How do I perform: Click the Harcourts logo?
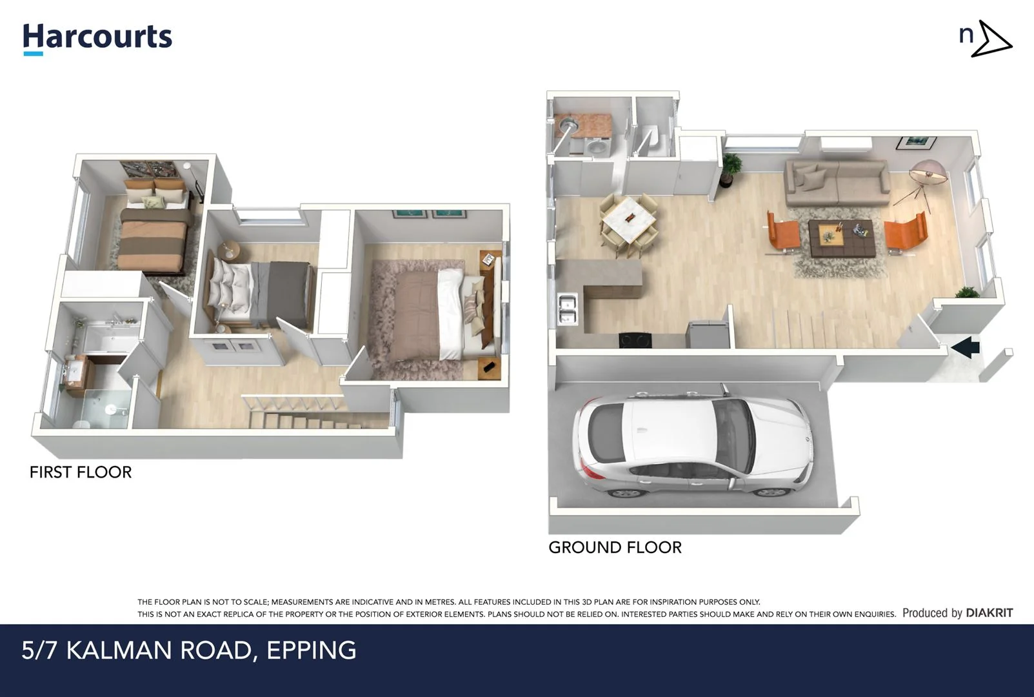tap(97, 37)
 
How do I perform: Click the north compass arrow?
tap(991, 40)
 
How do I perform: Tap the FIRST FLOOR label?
tap(81, 472)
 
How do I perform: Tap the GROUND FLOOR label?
tap(615, 547)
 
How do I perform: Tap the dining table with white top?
tap(628, 218)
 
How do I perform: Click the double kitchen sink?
tap(568, 308)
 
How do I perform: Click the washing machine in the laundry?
tap(598, 146)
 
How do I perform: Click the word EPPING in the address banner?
tap(311, 650)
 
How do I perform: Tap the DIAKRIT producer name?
tap(989, 613)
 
